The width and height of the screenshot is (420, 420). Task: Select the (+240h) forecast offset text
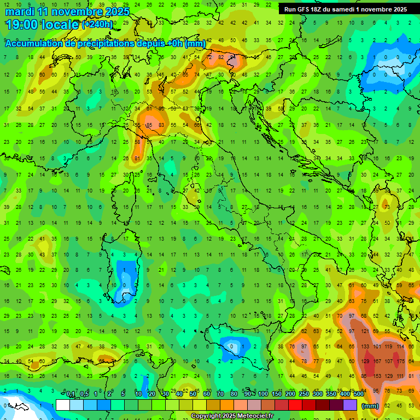[97, 25]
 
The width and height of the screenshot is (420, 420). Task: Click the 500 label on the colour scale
[359, 394]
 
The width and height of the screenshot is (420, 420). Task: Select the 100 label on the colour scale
[263, 394]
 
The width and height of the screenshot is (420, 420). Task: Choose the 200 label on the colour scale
[290, 394]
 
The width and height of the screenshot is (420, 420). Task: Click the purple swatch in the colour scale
[350, 405]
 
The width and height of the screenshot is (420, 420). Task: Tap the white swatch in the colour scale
[63, 405]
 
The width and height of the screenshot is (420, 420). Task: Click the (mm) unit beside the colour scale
[370, 406]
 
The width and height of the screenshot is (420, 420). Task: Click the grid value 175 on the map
[402, 361]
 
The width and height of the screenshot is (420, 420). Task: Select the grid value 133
[365, 347]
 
